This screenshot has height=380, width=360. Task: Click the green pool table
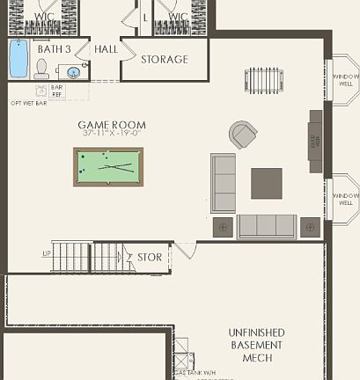click(x=108, y=165)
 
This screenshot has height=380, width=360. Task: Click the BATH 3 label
click(x=55, y=50)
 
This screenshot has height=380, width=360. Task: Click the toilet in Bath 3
click(x=41, y=69)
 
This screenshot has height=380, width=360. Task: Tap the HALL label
click(x=106, y=50)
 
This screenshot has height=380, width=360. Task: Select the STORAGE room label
click(x=165, y=60)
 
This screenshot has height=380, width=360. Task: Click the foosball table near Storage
click(x=261, y=79)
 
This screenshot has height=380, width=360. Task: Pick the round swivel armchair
click(x=243, y=135)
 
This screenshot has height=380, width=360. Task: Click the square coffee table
click(x=267, y=183)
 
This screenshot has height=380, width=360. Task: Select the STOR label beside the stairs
click(x=150, y=258)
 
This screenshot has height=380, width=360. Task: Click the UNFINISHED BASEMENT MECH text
click(x=256, y=345)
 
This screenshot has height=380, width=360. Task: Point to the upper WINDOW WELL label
click(x=346, y=81)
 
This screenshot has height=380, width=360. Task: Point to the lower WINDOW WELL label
click(x=346, y=199)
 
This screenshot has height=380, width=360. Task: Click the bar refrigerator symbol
click(x=41, y=91)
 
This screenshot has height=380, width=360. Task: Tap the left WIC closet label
click(x=45, y=17)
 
